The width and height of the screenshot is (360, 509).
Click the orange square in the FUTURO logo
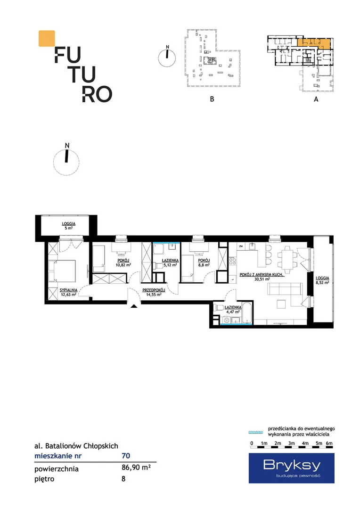47,38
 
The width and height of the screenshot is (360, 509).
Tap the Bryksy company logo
292,468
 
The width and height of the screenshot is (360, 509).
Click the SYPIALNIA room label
68,290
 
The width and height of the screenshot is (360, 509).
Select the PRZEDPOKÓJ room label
154,290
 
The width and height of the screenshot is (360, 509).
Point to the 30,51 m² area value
262,279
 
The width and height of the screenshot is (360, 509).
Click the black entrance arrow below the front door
134,305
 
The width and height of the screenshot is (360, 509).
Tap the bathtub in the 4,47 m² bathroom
247,313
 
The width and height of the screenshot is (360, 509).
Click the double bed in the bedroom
62,271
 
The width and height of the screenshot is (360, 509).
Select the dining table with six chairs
287,260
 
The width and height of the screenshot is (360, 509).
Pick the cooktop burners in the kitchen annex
232,261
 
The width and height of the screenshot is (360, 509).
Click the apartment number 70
126,456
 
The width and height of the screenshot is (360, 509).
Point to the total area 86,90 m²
136,468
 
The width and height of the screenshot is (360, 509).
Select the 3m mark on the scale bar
292,443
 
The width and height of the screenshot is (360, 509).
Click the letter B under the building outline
212,99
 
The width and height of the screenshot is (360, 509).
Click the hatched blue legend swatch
255,432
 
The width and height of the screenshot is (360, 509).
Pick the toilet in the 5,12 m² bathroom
158,265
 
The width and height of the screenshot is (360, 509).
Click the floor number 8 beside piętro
123,479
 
